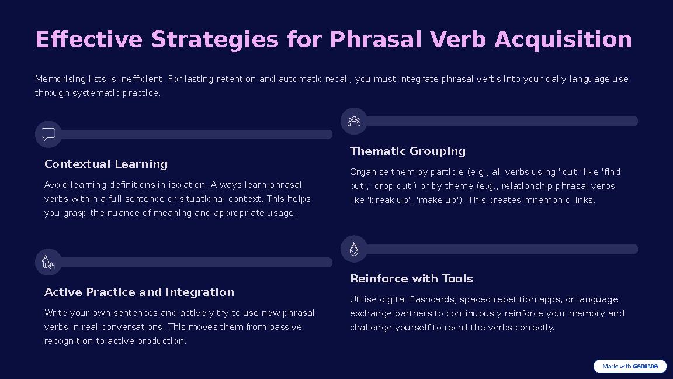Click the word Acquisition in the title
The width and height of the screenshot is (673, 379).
point(563,40)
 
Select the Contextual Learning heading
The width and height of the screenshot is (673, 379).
point(106,164)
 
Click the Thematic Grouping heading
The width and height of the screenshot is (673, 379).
point(407,151)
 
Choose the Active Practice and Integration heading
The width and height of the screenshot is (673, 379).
point(139,292)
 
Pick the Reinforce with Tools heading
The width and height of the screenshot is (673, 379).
point(411,279)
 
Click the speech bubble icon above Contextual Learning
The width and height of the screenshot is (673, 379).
point(48,135)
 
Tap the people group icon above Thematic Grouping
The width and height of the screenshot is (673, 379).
point(354,121)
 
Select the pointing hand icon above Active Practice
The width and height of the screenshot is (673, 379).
point(48,262)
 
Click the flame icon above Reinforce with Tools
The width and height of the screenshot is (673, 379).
point(354,249)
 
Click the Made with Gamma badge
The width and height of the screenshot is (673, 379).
point(630,366)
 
